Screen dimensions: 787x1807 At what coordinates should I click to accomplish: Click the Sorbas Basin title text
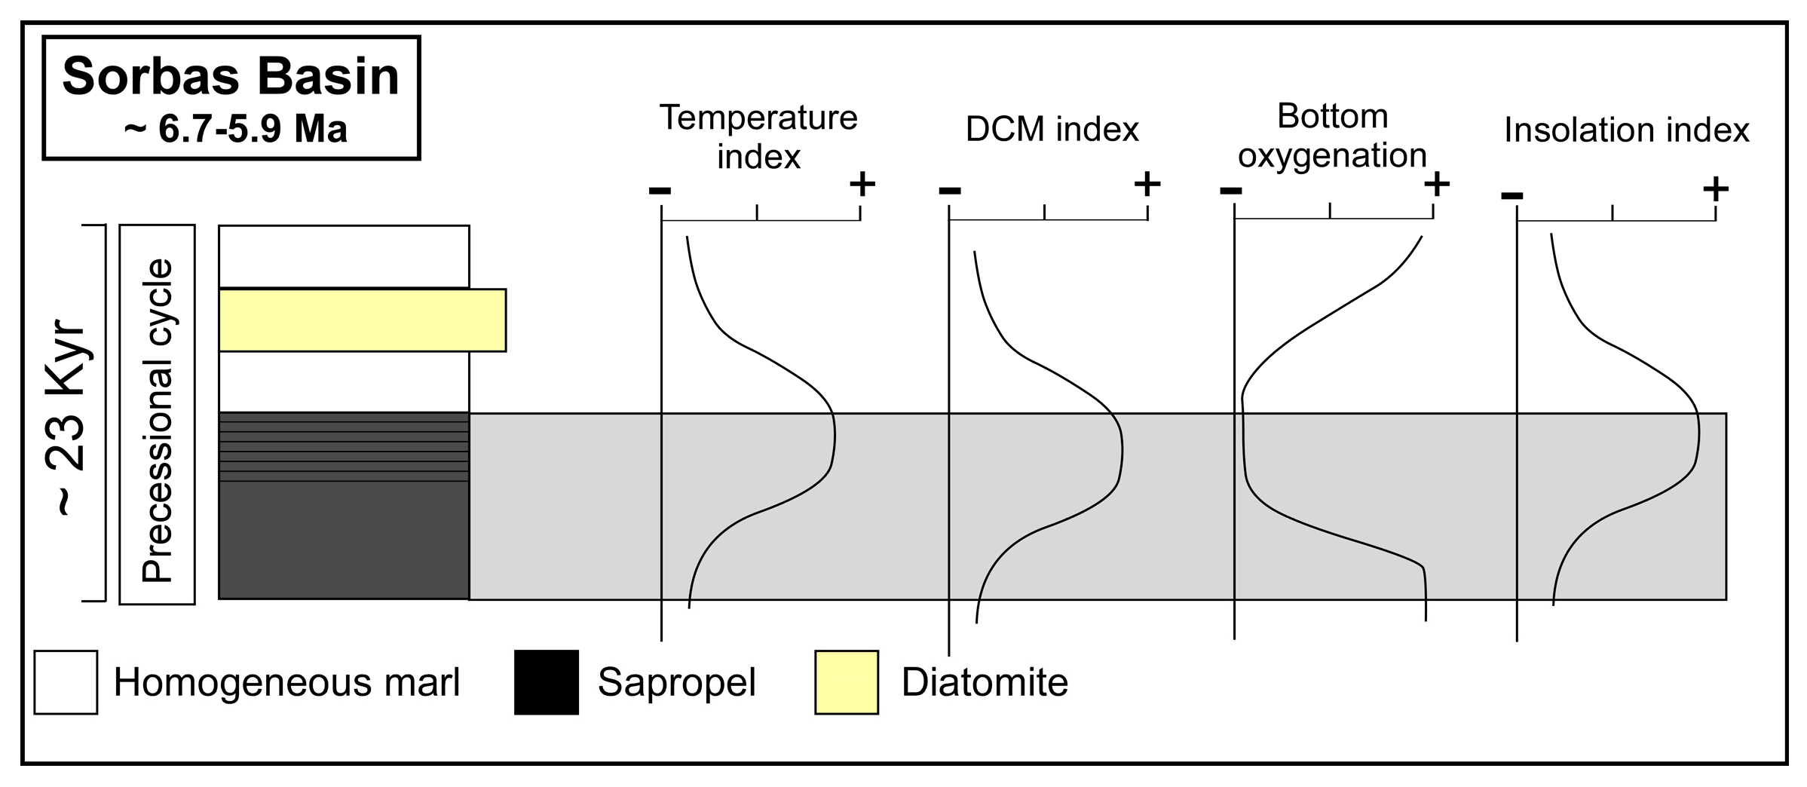pos(231,77)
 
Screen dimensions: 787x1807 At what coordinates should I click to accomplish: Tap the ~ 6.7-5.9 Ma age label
pos(236,130)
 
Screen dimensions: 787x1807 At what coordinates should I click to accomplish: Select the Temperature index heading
pos(758,137)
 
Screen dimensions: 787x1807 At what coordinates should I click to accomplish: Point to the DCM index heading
pos(1052,130)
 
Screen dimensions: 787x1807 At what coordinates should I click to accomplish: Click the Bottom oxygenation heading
pos(1332,136)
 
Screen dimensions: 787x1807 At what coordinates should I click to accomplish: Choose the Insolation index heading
pos(1626,130)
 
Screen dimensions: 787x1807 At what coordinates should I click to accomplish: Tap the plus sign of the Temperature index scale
pos(862,183)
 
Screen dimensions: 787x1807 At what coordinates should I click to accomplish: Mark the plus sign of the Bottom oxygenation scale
pos(1437,183)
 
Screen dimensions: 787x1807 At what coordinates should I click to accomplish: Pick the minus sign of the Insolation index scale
pos(1512,196)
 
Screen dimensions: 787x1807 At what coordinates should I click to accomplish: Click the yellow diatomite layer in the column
pos(362,320)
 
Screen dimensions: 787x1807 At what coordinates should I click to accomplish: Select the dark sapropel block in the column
pos(344,505)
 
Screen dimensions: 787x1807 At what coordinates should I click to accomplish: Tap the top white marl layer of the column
pos(344,256)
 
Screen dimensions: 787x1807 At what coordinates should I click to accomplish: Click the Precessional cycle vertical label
pos(158,420)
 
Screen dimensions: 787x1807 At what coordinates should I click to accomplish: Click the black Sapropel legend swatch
pos(547,681)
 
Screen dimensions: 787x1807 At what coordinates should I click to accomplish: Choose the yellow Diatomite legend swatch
pos(846,681)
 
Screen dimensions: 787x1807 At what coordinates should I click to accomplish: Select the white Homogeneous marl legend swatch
pos(66,681)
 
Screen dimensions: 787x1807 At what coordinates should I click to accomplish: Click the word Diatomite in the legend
pos(985,682)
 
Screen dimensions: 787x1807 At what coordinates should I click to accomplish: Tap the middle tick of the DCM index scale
pos(1044,212)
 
